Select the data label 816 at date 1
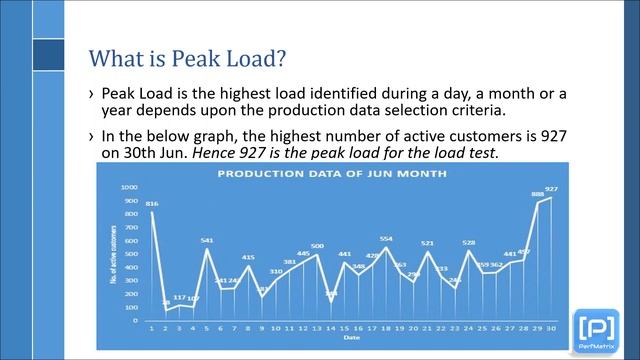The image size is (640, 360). (152, 204)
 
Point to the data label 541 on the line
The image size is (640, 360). (207, 240)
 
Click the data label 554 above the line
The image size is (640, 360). (386, 239)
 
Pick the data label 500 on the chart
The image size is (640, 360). (317, 246)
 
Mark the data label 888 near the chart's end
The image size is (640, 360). (537, 194)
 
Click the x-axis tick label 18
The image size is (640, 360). (386, 328)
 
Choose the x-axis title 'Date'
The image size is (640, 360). (344, 337)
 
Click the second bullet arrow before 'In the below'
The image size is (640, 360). (91, 137)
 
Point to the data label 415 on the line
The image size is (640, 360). (248, 258)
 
